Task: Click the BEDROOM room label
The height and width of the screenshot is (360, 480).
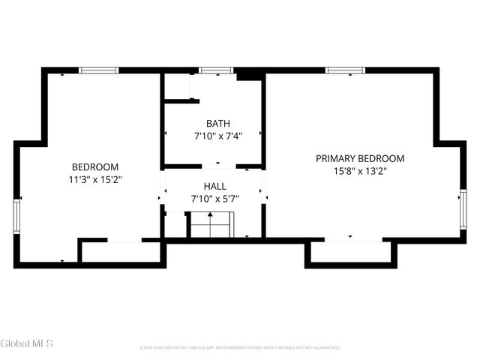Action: [95, 166]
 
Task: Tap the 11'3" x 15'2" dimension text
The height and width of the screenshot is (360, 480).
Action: [95, 179]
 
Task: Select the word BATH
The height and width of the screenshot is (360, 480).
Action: [218, 124]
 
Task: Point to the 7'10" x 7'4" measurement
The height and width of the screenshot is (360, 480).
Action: [218, 136]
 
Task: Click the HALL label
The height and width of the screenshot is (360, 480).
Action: [214, 186]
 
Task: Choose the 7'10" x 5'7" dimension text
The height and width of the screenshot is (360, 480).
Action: [214, 199]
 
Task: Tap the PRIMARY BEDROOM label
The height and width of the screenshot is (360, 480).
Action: [360, 158]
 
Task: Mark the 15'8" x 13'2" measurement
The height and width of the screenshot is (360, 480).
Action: [360, 171]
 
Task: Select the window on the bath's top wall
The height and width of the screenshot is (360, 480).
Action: [216, 70]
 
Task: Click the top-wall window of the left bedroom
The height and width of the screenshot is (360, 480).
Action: [99, 70]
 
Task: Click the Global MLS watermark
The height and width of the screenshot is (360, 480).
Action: [27, 344]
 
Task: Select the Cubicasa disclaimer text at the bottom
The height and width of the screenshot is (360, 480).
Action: [240, 348]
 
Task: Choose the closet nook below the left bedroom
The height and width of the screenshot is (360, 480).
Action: [120, 252]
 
